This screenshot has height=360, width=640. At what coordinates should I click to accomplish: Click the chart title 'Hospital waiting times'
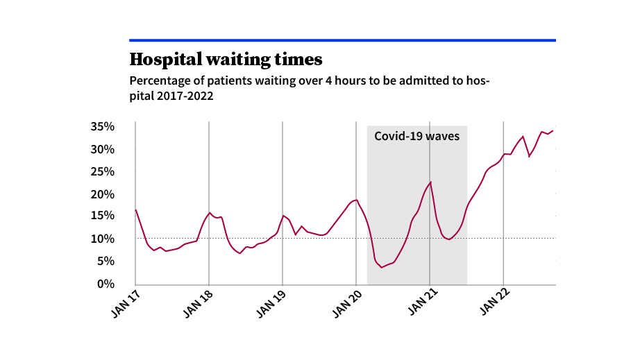[226, 58]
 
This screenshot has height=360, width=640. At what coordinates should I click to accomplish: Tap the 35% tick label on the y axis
[102, 127]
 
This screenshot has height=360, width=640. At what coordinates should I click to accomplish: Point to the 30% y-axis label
[102, 149]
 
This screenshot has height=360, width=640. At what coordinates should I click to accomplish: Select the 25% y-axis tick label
[102, 171]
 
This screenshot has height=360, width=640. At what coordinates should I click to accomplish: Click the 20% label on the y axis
[102, 194]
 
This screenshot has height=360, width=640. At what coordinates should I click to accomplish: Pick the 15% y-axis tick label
[102, 216]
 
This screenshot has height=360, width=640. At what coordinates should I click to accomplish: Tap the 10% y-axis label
[102, 239]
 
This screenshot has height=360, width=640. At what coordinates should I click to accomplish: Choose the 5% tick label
[106, 261]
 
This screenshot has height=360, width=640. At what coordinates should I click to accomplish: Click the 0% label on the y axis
[106, 283]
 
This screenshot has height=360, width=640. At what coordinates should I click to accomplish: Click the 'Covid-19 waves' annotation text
[416, 136]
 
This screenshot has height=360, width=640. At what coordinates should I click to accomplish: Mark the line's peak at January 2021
[430, 182]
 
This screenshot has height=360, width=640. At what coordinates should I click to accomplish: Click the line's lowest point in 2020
[382, 267]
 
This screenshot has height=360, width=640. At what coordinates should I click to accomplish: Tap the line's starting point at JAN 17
[136, 209]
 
